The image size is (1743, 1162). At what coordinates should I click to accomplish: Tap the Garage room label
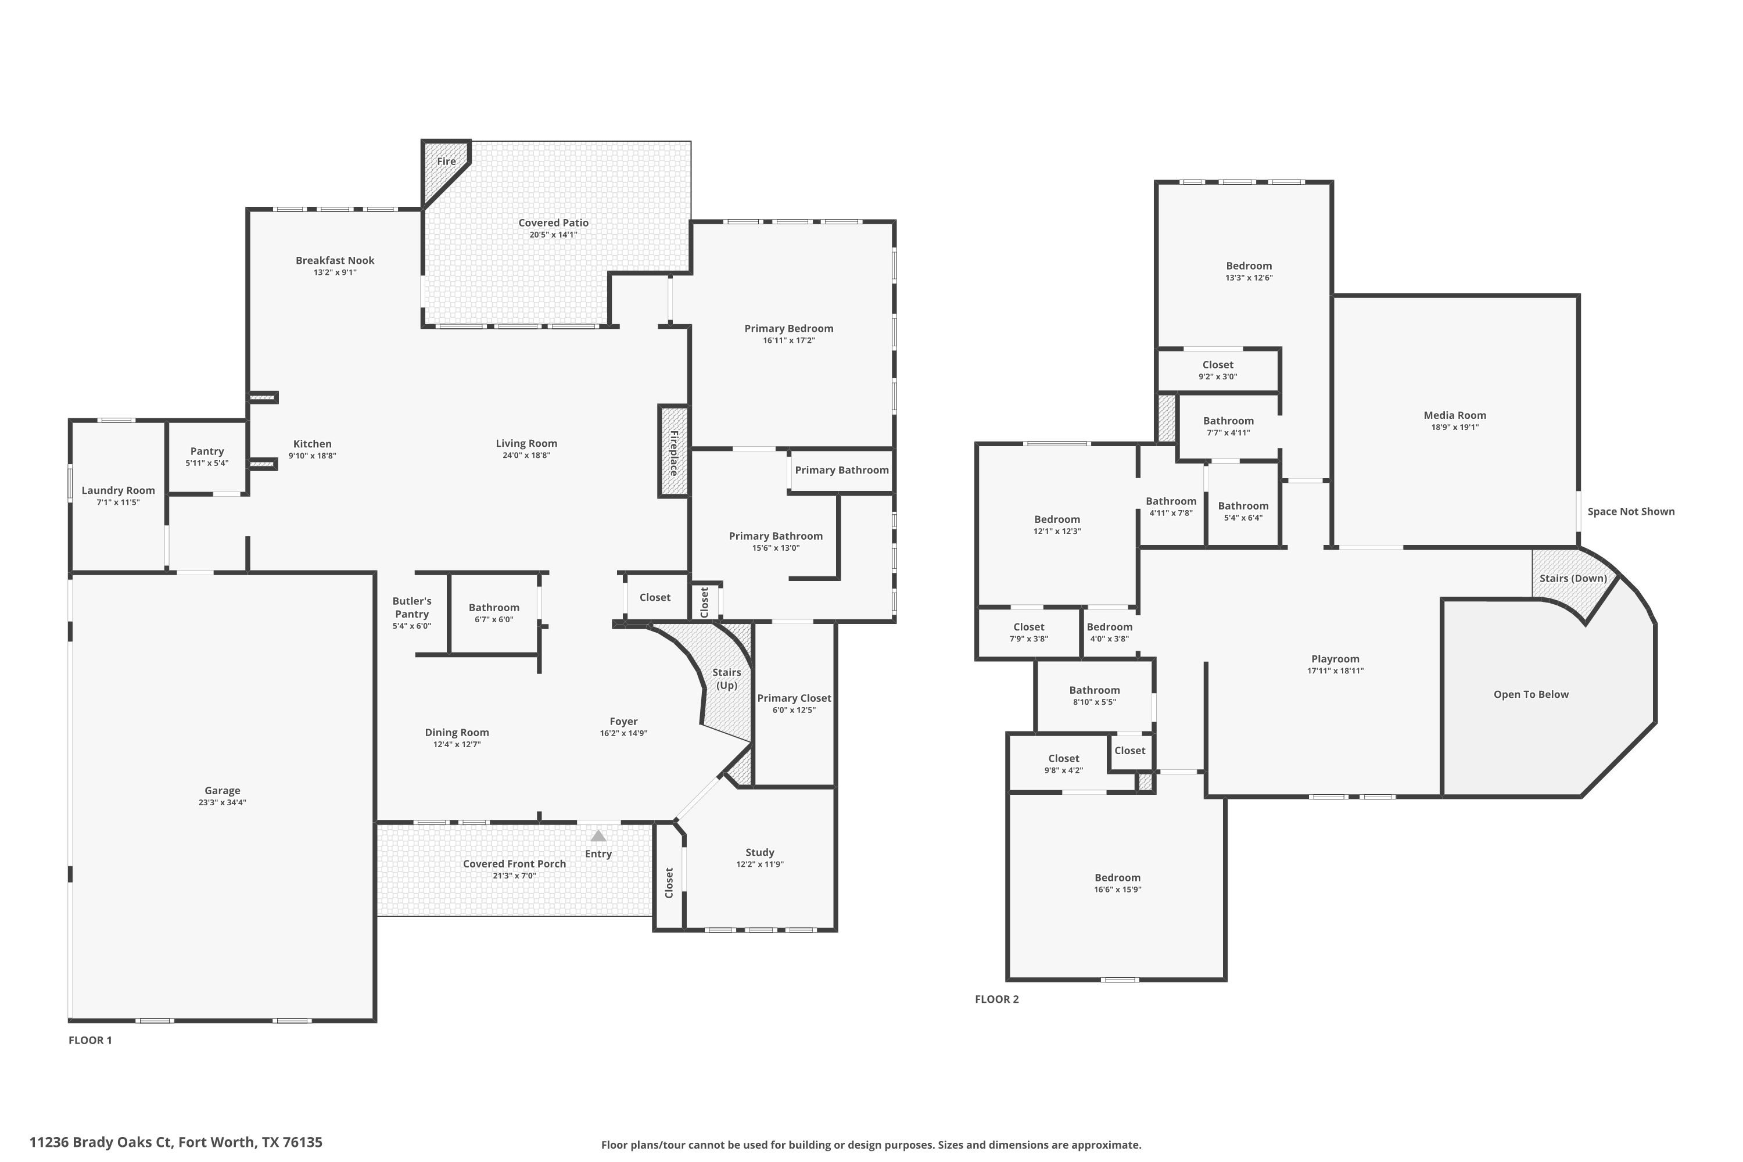[x=223, y=791]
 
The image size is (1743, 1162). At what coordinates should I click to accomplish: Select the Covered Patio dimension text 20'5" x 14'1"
[x=553, y=235]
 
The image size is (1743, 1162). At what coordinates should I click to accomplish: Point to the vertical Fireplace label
[x=673, y=453]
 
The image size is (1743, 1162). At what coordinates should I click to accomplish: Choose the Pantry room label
[x=207, y=451]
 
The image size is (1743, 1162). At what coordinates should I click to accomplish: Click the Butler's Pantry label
[x=411, y=608]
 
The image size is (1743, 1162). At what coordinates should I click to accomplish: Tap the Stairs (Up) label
[x=726, y=679]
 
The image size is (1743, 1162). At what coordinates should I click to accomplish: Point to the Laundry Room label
[x=118, y=490]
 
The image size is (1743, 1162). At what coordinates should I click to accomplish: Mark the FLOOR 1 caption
[x=91, y=1041]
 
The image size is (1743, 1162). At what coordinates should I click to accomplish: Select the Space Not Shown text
[x=1630, y=511]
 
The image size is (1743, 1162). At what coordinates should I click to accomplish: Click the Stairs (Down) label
[x=1573, y=579]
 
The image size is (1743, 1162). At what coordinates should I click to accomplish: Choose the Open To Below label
[x=1530, y=694]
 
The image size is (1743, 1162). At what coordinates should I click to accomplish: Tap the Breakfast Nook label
[x=335, y=260]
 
